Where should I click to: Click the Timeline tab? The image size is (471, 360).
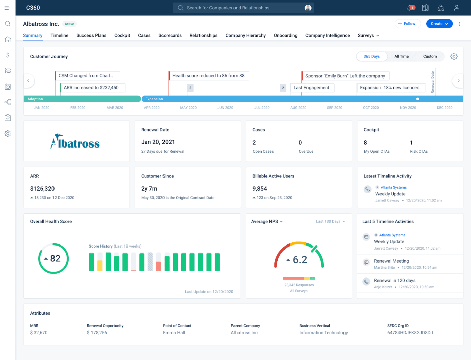tap(60, 35)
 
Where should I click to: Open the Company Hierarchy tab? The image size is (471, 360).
tap(246, 35)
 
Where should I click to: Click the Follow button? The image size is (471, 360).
tap(407, 24)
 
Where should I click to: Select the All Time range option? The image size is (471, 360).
tap(401, 56)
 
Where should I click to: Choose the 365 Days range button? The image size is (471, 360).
tap(371, 56)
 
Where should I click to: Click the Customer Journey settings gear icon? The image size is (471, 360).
tap(454, 56)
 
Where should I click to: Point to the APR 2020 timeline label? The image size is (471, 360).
tap(152, 108)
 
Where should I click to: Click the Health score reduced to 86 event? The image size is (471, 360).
tap(208, 76)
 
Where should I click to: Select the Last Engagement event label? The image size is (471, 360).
tap(312, 88)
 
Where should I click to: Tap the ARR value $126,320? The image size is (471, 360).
tap(42, 189)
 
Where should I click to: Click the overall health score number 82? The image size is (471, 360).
tap(55, 258)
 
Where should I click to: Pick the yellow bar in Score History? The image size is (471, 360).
tap(100, 265)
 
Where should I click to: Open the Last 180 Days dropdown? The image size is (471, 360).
tap(330, 221)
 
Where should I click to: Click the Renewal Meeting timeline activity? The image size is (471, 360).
tap(392, 261)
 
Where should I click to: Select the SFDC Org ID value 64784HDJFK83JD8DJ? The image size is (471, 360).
tap(410, 333)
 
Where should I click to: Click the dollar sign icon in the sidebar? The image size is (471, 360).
tap(8, 55)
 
